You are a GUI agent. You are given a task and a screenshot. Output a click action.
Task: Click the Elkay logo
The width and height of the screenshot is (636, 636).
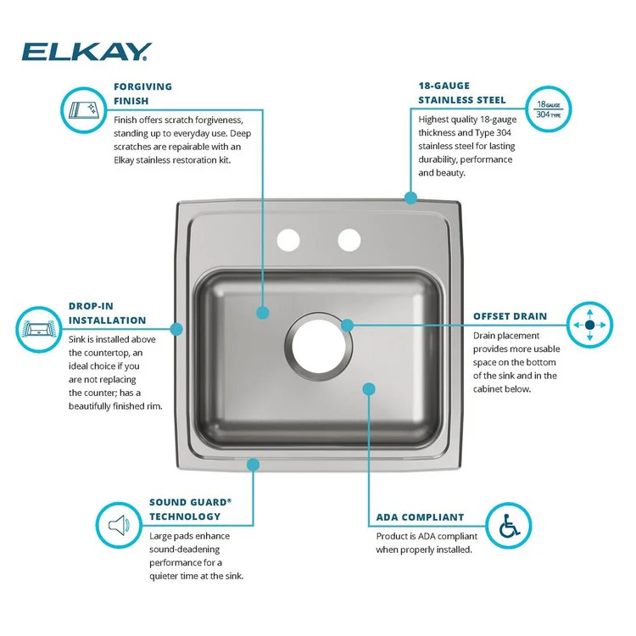86,52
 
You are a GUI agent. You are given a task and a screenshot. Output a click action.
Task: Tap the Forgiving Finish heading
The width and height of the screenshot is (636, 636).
142,93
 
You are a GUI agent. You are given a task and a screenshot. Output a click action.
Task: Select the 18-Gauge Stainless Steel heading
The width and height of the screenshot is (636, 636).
462,93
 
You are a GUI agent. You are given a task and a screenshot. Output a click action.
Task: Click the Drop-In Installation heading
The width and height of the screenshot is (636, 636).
107,313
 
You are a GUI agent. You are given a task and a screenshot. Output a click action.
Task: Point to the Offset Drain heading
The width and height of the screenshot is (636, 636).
510,316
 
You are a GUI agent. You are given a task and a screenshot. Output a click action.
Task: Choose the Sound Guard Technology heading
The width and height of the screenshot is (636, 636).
190,509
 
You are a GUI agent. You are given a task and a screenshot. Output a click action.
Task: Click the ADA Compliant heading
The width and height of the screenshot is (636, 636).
420,517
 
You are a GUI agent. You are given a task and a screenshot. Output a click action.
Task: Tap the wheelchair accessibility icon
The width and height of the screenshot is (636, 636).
509,526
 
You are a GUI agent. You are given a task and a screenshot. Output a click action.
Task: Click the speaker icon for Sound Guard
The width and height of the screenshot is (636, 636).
119,525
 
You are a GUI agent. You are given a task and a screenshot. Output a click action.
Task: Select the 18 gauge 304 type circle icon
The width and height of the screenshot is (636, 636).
549,109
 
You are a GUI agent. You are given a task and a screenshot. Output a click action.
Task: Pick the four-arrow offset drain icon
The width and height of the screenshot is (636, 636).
589,325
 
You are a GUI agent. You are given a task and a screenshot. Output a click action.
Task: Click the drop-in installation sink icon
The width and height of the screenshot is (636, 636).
38,329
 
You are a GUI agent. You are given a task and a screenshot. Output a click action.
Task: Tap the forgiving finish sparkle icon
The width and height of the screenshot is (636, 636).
84,110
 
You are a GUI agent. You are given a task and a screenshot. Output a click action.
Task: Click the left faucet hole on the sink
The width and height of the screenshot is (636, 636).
288,240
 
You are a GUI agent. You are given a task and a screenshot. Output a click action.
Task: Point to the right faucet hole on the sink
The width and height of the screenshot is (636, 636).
349,240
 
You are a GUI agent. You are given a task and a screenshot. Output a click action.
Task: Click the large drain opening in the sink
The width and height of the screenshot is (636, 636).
319,346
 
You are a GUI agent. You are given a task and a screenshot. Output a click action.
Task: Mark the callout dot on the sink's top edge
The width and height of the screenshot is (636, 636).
410,198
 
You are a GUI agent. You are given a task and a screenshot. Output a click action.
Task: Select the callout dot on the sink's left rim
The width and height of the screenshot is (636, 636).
176,329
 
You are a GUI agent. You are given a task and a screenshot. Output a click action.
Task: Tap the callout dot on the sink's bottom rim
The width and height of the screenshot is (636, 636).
253,465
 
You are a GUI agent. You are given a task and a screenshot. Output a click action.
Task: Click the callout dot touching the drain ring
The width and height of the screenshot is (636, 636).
347,325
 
